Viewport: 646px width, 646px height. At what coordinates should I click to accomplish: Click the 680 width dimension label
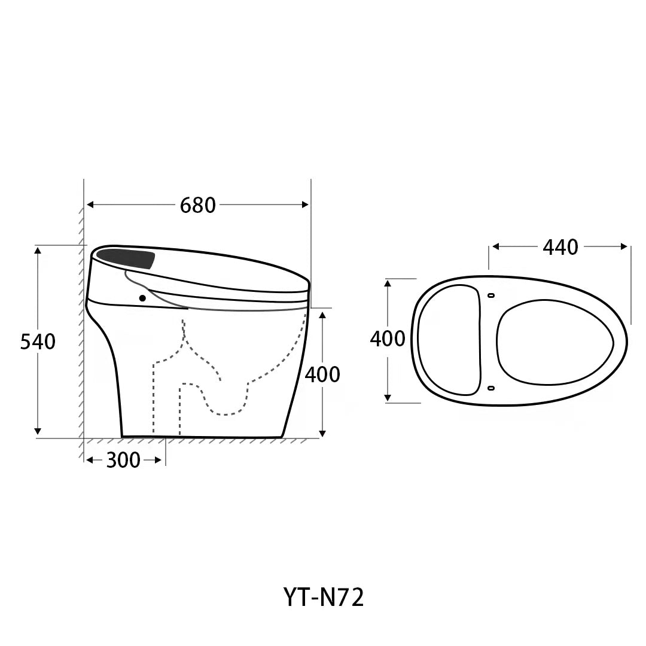[198, 205]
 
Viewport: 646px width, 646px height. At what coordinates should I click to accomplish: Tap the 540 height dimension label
[38, 342]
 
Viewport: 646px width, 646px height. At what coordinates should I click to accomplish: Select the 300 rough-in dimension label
[123, 460]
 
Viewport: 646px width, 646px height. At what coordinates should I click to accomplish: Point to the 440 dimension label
[560, 247]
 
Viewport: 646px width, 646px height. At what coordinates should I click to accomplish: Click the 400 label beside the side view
[322, 374]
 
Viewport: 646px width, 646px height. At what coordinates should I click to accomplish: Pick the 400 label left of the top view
[387, 339]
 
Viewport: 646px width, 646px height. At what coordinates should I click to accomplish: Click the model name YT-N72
[324, 597]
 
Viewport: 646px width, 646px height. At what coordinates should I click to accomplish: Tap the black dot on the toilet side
[142, 298]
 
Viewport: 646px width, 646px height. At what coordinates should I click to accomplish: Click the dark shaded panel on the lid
[126, 259]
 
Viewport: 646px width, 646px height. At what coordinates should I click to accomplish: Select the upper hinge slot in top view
[490, 295]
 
